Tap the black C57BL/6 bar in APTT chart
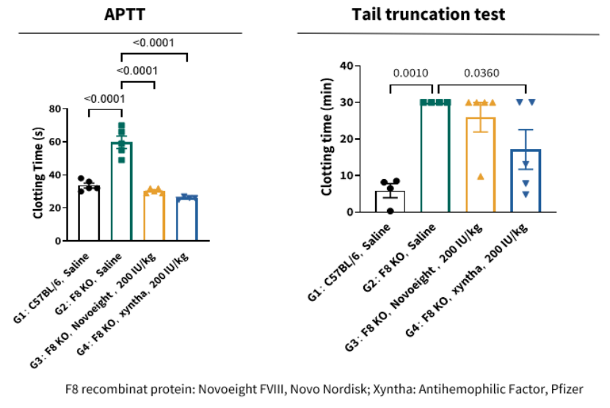[90, 214]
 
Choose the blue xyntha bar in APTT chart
[187, 219]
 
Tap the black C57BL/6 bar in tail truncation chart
[390, 202]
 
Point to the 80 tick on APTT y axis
[54, 109]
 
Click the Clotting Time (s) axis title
[37, 173]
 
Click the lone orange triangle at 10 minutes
[481, 176]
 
